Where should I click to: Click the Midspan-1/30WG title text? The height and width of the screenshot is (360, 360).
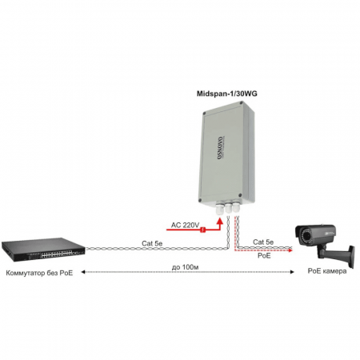[227, 94]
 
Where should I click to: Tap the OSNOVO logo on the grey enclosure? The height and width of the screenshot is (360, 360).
[220, 148]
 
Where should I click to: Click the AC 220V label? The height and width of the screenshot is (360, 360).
[185, 225]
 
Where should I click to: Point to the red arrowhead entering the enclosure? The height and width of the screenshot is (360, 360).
[220, 221]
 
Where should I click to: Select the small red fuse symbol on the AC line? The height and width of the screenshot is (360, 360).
[203, 230]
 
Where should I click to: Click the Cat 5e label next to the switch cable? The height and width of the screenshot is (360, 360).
[152, 243]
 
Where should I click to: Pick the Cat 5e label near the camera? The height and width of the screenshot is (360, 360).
[263, 242]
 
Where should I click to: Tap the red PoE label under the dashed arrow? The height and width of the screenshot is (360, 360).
[264, 255]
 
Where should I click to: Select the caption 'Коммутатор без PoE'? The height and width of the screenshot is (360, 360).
[39, 273]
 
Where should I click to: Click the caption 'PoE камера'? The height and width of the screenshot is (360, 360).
[327, 271]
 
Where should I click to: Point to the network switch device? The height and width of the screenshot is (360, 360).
[43, 250]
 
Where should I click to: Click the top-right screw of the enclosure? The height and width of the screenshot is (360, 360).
[241, 102]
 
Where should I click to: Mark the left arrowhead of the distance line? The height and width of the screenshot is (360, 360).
[83, 272]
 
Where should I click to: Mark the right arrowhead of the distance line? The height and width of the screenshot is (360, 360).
[292, 272]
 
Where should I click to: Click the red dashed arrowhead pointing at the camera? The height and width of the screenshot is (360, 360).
[290, 250]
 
